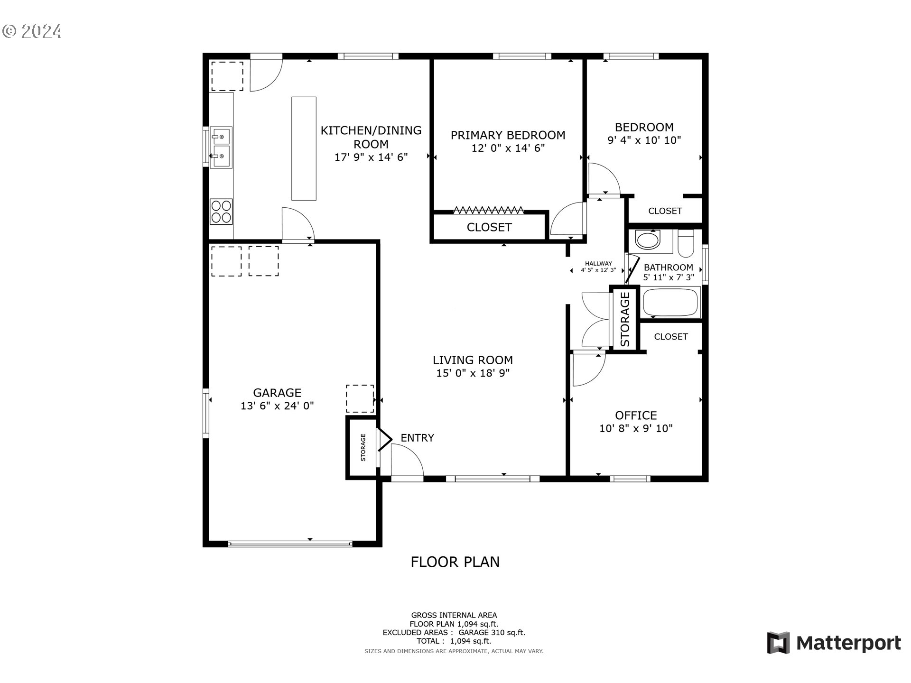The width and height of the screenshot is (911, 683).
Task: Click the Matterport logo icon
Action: [x=778, y=643]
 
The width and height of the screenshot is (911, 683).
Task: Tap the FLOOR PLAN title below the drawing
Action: [x=455, y=562]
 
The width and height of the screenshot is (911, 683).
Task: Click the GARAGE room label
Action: [x=277, y=393]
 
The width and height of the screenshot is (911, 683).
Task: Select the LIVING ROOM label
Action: [x=473, y=360]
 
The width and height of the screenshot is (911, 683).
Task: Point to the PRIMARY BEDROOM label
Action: [x=508, y=135]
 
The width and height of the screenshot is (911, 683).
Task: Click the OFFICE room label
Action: [x=636, y=415]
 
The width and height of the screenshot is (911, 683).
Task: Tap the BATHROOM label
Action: [x=668, y=268]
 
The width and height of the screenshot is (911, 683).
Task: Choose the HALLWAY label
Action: [x=598, y=264]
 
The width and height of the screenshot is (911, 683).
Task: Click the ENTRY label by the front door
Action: [x=417, y=438]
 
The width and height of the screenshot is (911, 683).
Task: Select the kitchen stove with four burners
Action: [x=221, y=212]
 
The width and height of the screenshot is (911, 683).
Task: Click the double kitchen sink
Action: [x=221, y=147]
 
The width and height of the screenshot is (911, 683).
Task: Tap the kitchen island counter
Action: [x=304, y=148]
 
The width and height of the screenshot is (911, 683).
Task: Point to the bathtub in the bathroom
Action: [x=671, y=302]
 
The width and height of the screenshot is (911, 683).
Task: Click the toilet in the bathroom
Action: [x=686, y=243]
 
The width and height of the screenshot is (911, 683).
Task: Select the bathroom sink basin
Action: [x=648, y=240]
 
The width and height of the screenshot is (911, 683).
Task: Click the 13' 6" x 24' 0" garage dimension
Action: [x=277, y=406]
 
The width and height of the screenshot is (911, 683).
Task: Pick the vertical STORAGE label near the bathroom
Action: [x=625, y=319]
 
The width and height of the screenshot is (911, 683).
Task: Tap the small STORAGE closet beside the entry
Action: [x=363, y=447]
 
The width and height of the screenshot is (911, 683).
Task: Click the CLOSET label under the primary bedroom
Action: [x=489, y=227]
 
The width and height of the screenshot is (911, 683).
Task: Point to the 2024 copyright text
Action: [x=32, y=32]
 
